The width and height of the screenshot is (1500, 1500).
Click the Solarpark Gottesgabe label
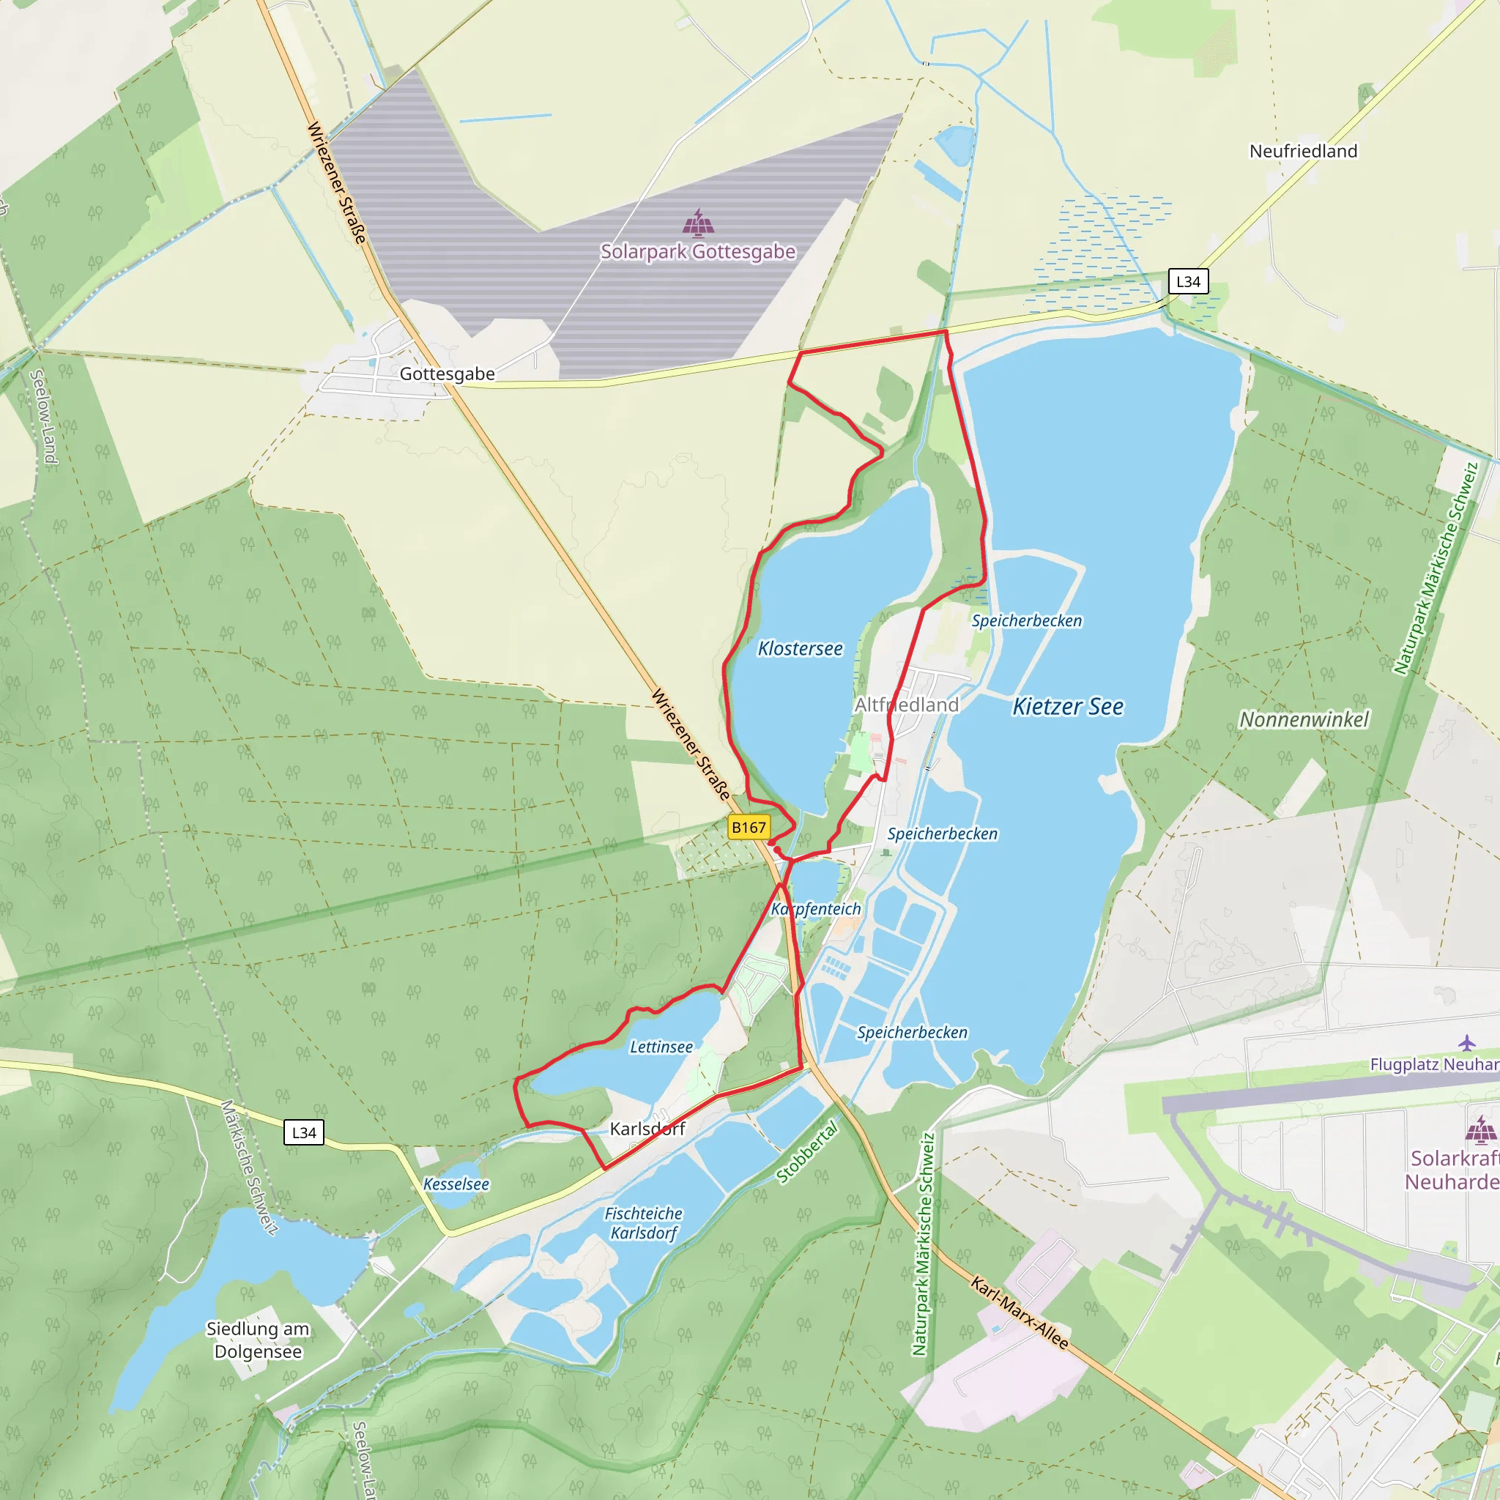[697, 251]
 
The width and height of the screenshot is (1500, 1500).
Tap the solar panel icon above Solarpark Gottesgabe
[698, 222]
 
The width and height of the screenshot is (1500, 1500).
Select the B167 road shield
[749, 828]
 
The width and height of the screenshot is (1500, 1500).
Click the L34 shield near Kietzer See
[1188, 282]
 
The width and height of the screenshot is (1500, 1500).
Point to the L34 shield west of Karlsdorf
[303, 1133]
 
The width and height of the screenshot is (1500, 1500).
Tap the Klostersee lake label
[800, 648]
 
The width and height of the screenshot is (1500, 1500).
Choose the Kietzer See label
[1068, 707]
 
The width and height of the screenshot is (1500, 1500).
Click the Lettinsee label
[661, 1047]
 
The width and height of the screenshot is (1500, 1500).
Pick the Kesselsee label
[456, 1184]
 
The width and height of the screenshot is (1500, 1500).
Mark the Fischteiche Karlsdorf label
[644, 1223]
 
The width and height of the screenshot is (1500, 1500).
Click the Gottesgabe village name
[447, 374]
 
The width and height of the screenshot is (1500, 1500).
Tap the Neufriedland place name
[1303, 152]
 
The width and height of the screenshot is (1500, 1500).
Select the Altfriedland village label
[906, 705]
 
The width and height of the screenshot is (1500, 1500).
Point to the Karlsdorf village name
[647, 1129]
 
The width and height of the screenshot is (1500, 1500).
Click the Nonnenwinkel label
[1304, 720]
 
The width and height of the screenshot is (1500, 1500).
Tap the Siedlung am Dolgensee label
[258, 1340]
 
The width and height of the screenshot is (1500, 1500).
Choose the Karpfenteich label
[816, 909]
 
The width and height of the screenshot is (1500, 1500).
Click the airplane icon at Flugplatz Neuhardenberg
[1466, 1042]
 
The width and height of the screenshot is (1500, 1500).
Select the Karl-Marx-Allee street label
[1019, 1313]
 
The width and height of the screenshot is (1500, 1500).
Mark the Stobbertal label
[807, 1152]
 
